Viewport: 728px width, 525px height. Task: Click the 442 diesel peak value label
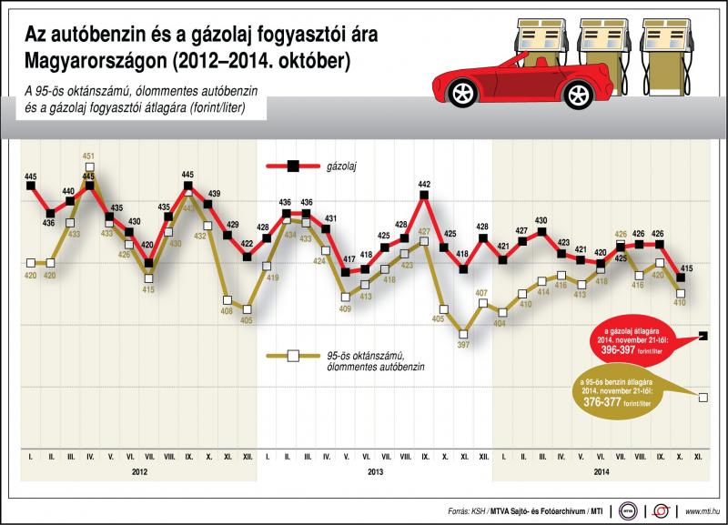(424, 184)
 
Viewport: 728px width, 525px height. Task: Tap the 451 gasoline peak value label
(88, 156)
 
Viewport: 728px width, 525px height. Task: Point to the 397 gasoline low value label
(463, 345)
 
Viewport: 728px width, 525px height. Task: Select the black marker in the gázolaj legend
(293, 166)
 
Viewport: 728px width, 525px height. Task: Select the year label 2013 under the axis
(375, 472)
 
